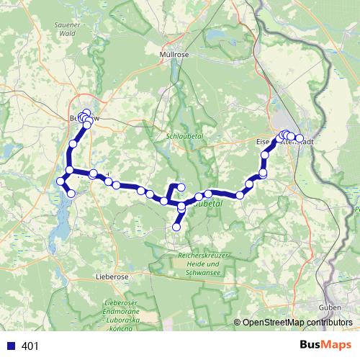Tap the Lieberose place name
[111, 276]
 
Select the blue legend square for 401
[11, 346]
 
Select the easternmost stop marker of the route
[300, 138]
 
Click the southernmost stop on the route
[176, 228]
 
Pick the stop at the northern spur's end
[181, 187]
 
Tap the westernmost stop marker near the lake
[60, 180]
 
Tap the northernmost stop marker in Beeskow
[87, 112]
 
